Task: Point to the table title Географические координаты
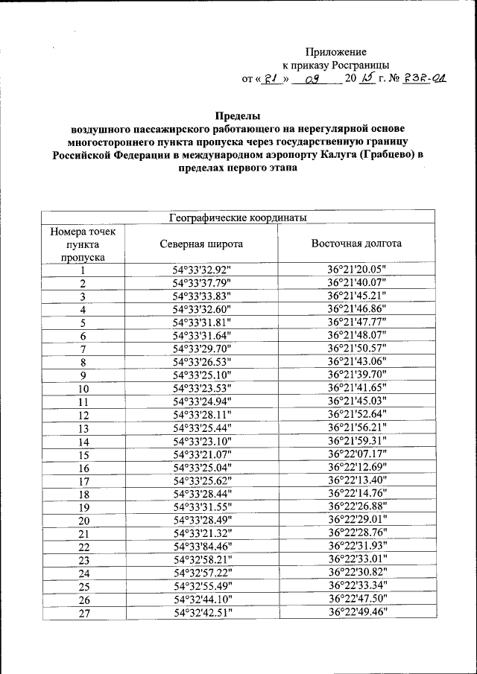(x=238, y=217)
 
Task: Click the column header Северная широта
(x=201, y=244)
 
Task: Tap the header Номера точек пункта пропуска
(x=83, y=244)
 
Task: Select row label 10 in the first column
(x=83, y=389)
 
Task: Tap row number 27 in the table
(x=83, y=613)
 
